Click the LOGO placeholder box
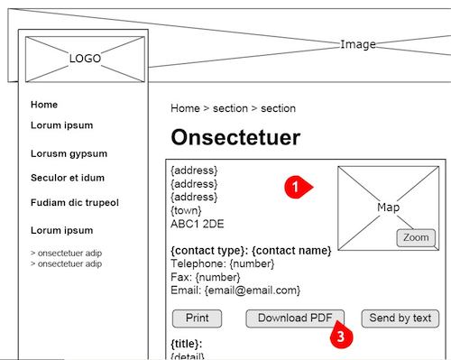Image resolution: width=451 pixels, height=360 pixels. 86,59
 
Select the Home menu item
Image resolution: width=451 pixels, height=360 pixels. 44,105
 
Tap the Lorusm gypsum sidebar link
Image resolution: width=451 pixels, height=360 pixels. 69,153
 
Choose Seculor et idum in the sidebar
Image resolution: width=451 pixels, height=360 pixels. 68,178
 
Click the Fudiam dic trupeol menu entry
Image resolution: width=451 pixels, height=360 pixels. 75,202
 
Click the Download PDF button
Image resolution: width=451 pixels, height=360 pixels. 295,318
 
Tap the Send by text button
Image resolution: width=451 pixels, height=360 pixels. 400,318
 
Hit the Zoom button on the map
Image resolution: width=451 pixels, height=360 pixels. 416,237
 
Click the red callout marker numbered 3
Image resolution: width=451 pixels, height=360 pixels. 341,337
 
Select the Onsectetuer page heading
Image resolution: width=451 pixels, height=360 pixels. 235,138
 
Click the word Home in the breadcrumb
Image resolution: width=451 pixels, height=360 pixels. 185,108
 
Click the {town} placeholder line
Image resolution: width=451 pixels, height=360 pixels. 188,209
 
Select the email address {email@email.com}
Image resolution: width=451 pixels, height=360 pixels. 252,291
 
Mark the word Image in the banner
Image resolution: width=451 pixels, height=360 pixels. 358,44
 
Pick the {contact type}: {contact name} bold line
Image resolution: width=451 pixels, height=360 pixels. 251,249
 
